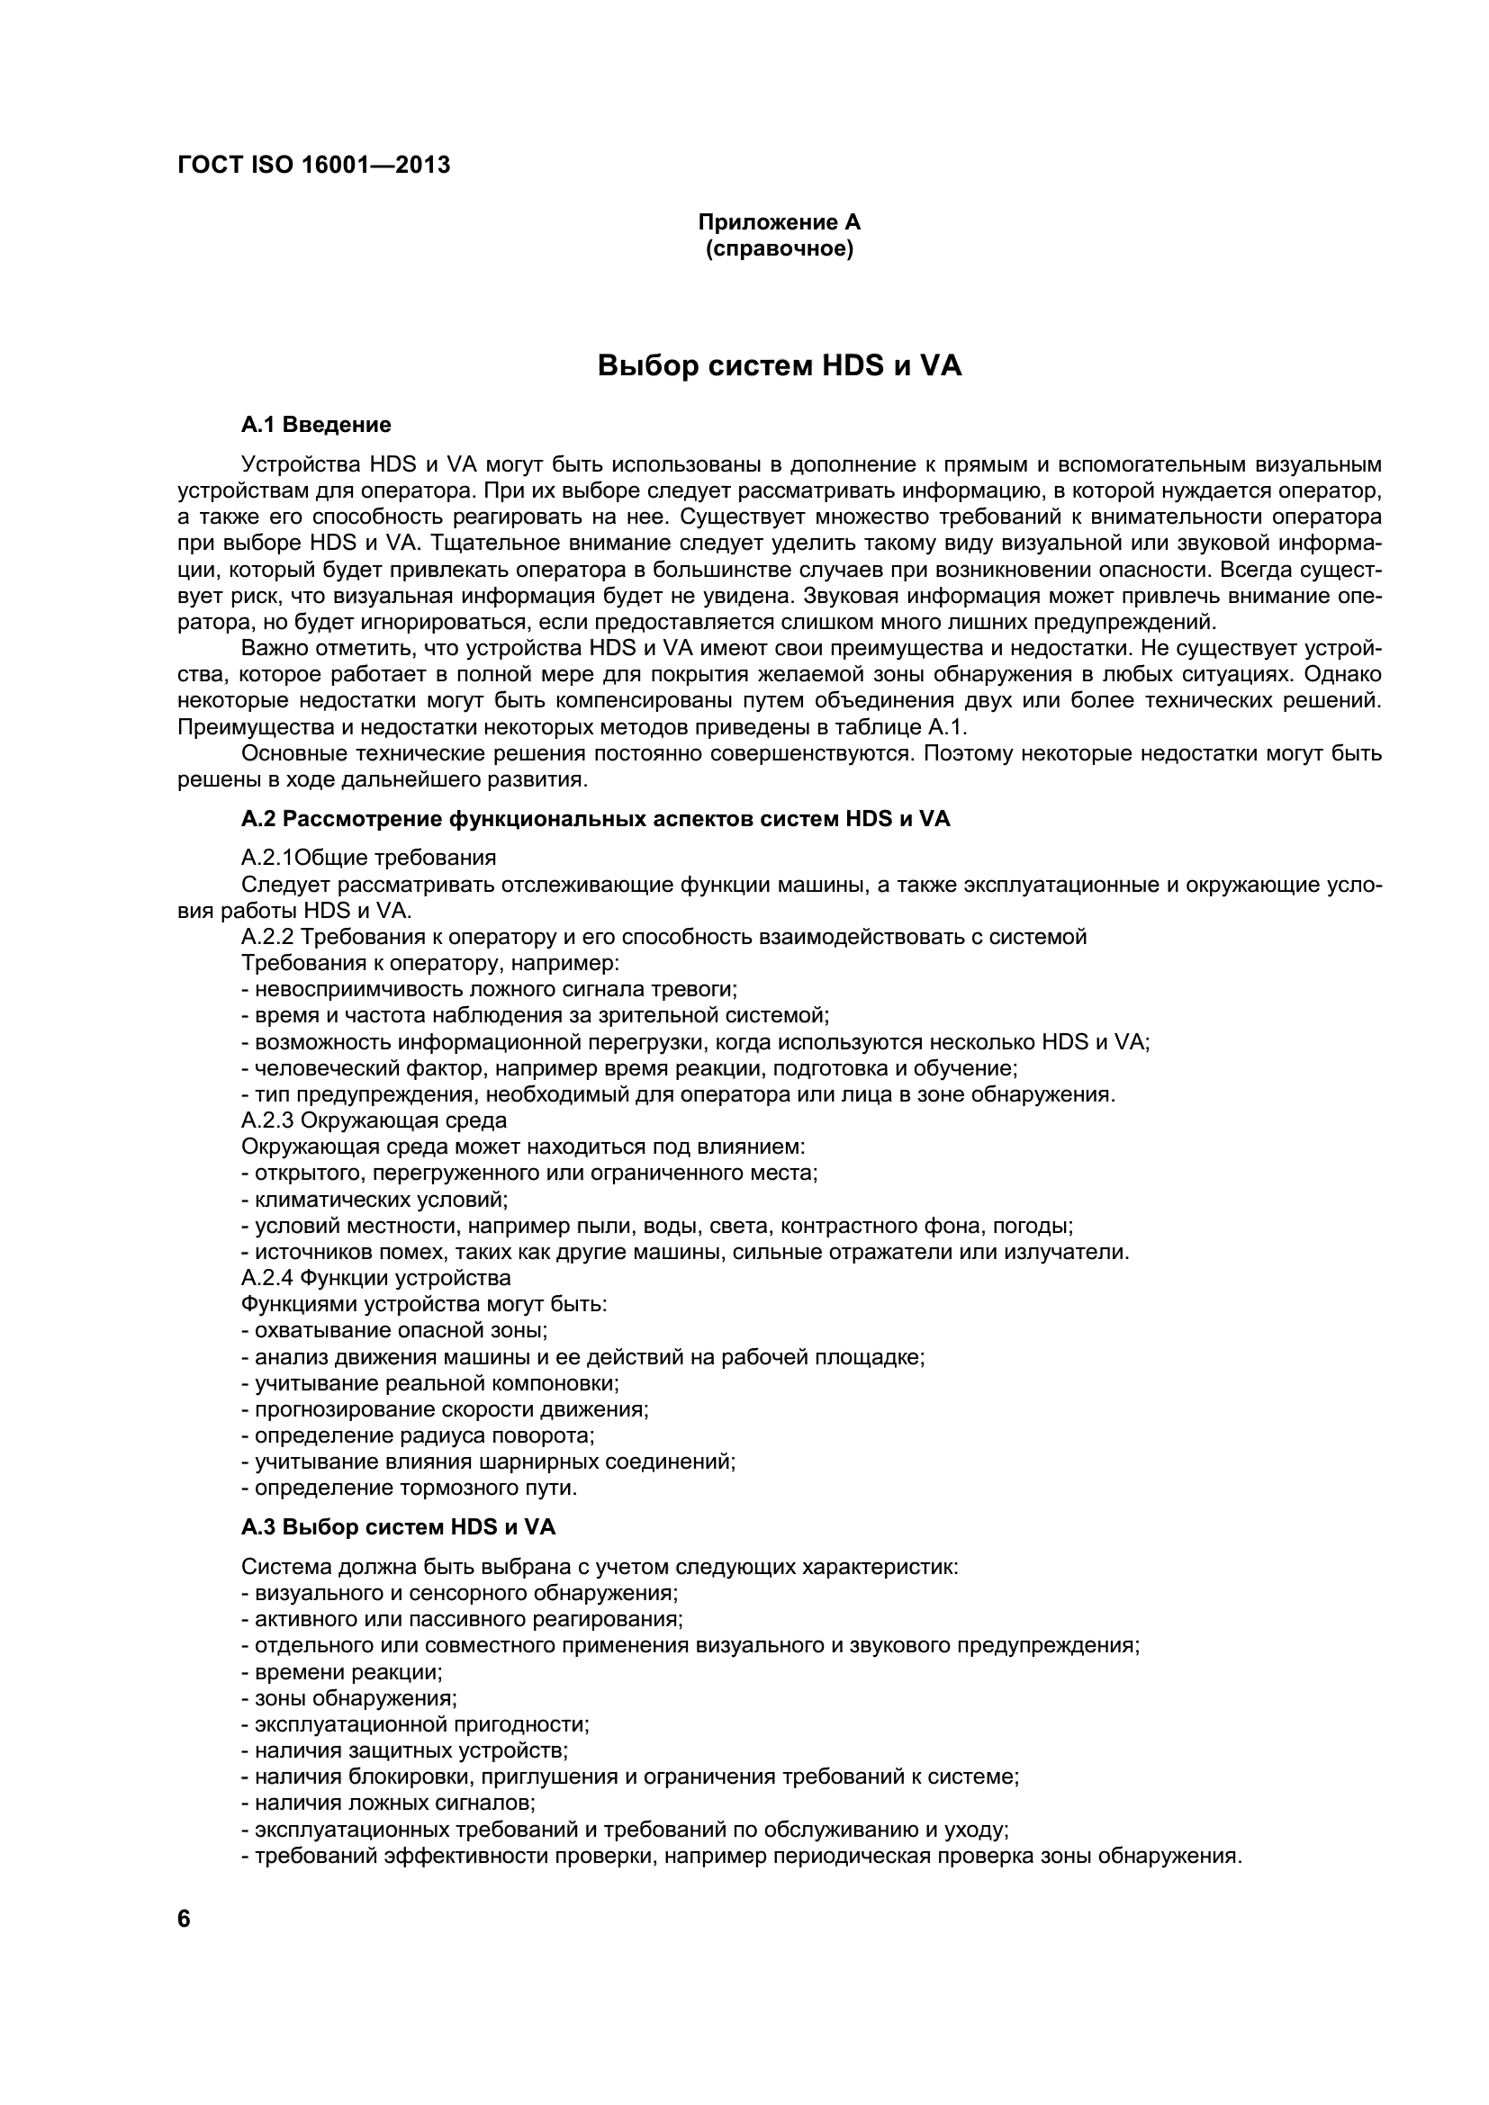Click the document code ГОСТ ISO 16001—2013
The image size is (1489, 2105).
(x=313, y=166)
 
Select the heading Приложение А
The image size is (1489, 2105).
(x=780, y=223)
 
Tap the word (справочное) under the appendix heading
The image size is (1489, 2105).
(x=780, y=249)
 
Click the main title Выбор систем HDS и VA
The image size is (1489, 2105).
(x=780, y=365)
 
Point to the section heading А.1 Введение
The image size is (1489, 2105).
(x=315, y=425)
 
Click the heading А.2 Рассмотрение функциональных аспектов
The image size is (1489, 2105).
(x=595, y=819)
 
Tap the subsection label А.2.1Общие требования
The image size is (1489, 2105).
(x=368, y=859)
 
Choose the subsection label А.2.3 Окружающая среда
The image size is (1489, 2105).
(x=374, y=1120)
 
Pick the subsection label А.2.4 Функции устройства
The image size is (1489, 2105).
(x=376, y=1278)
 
